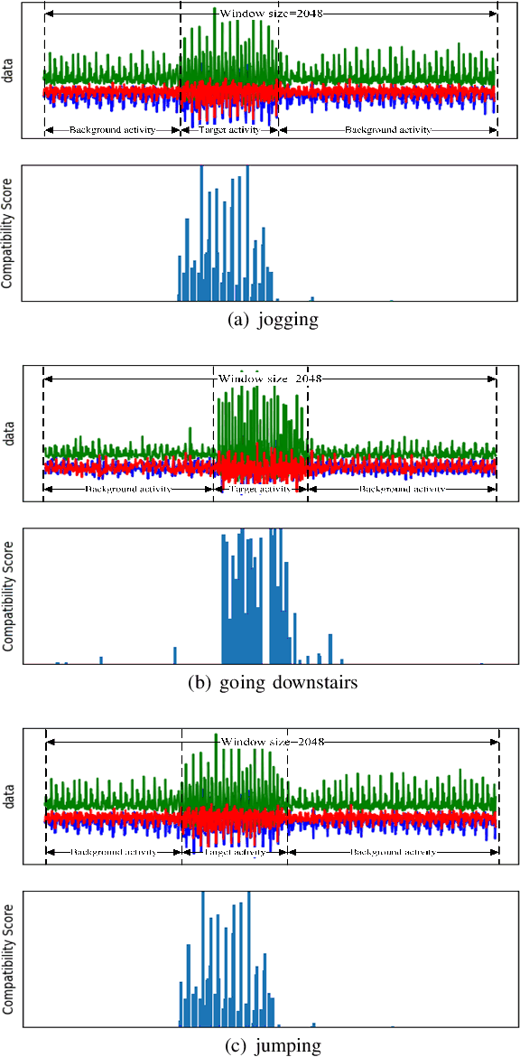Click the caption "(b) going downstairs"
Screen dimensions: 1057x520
click(272, 683)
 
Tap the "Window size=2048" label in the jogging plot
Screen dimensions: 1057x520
click(271, 15)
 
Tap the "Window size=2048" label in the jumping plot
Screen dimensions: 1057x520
click(272, 741)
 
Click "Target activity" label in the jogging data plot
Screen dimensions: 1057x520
click(229, 129)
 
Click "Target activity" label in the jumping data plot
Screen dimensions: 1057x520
click(235, 852)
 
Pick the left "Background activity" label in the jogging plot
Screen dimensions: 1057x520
click(113, 129)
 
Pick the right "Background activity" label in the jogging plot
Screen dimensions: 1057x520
click(387, 129)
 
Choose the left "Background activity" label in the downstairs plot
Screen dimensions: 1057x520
click(127, 489)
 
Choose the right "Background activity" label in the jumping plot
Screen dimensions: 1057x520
click(393, 852)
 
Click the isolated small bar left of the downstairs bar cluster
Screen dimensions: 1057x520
click(175, 654)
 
